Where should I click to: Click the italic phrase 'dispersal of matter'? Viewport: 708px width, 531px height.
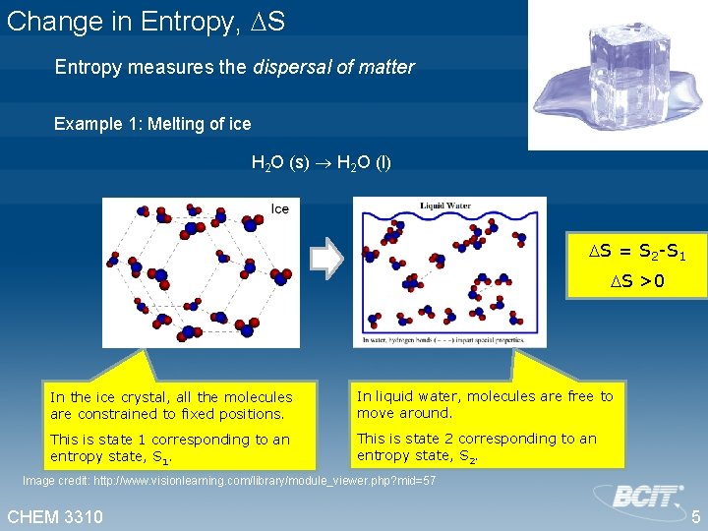[334, 68]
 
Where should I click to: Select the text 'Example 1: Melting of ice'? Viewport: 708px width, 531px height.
[152, 124]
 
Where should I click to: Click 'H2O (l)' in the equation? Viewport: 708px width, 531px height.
[364, 162]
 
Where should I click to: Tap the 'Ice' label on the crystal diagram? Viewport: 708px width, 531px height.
[280, 208]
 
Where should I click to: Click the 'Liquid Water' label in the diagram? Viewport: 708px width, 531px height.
[445, 206]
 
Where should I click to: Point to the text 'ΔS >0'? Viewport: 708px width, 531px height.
[636, 282]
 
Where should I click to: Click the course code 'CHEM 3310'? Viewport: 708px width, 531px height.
[55, 516]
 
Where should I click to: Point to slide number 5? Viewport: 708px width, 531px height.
[694, 516]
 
